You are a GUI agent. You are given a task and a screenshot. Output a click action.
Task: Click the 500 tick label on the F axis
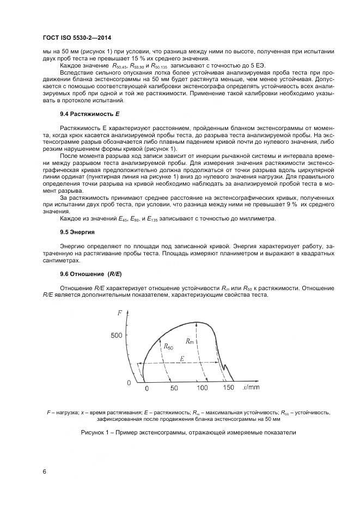[117, 336]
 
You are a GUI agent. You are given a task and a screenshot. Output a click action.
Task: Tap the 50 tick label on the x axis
[174, 388]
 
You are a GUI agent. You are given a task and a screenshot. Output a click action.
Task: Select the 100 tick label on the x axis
[202, 388]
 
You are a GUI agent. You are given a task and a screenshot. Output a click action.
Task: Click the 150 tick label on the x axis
[228, 388]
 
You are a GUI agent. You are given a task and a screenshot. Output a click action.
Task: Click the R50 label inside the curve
[168, 346]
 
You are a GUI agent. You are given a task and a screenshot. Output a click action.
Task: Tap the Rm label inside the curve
[190, 341]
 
